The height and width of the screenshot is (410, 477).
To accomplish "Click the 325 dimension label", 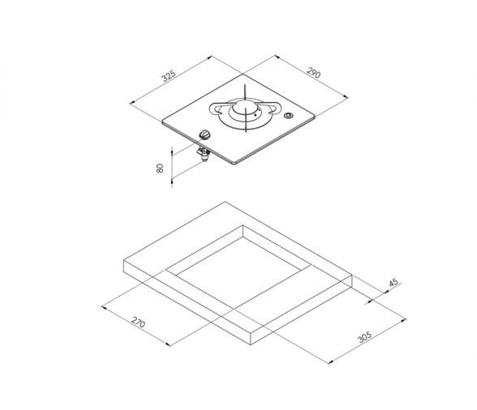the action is click(169, 76).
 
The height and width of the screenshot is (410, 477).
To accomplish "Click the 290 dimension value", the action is click(314, 73).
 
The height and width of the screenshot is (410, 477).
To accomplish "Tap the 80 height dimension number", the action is click(160, 168).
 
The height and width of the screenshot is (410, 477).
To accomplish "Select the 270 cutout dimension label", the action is click(139, 322).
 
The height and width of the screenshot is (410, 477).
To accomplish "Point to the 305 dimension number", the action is click(365, 337).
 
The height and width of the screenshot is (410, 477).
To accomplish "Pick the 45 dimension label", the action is click(393, 282).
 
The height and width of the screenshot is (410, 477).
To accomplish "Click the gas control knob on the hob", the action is click(204, 135).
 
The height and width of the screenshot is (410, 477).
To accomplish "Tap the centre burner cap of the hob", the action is click(245, 109).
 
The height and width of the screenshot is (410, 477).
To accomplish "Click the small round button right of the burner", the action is click(288, 116).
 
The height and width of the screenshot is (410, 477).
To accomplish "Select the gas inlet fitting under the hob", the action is click(204, 154).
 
